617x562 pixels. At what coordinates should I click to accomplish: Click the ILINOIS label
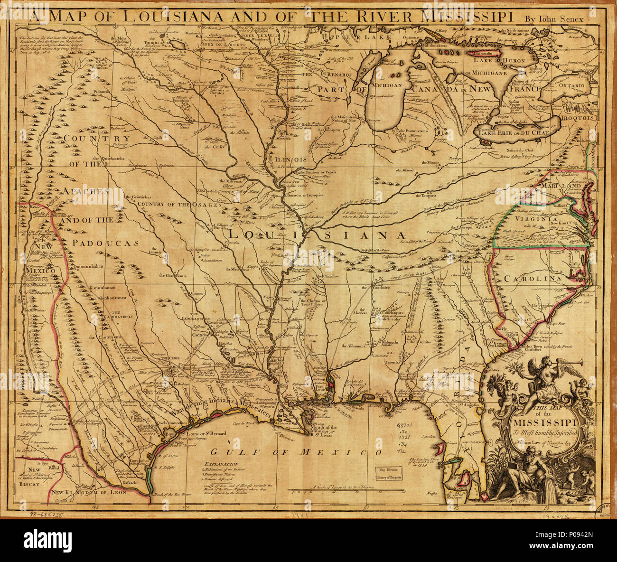click(x=291, y=159)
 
